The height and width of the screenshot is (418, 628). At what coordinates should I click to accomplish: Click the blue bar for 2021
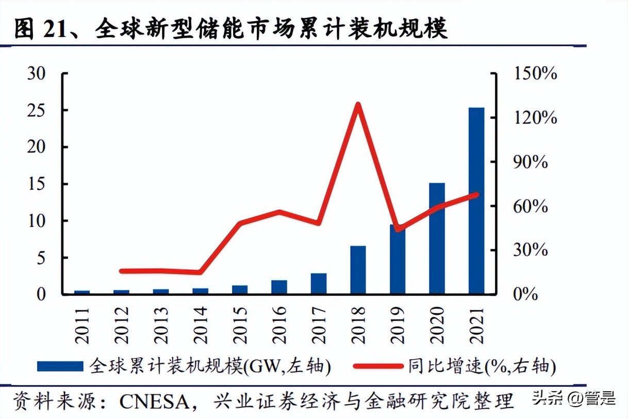pyautogui.click(x=476, y=201)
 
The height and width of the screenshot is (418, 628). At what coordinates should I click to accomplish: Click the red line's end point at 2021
pyautogui.click(x=476, y=195)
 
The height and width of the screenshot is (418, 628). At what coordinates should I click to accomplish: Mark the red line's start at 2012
pyautogui.click(x=121, y=271)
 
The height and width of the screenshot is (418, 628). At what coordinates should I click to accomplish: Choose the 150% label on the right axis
pyautogui.click(x=535, y=74)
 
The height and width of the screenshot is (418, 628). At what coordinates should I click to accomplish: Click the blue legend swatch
pyautogui.click(x=60, y=366)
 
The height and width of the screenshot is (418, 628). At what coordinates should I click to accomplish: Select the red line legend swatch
pyautogui.click(x=377, y=366)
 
